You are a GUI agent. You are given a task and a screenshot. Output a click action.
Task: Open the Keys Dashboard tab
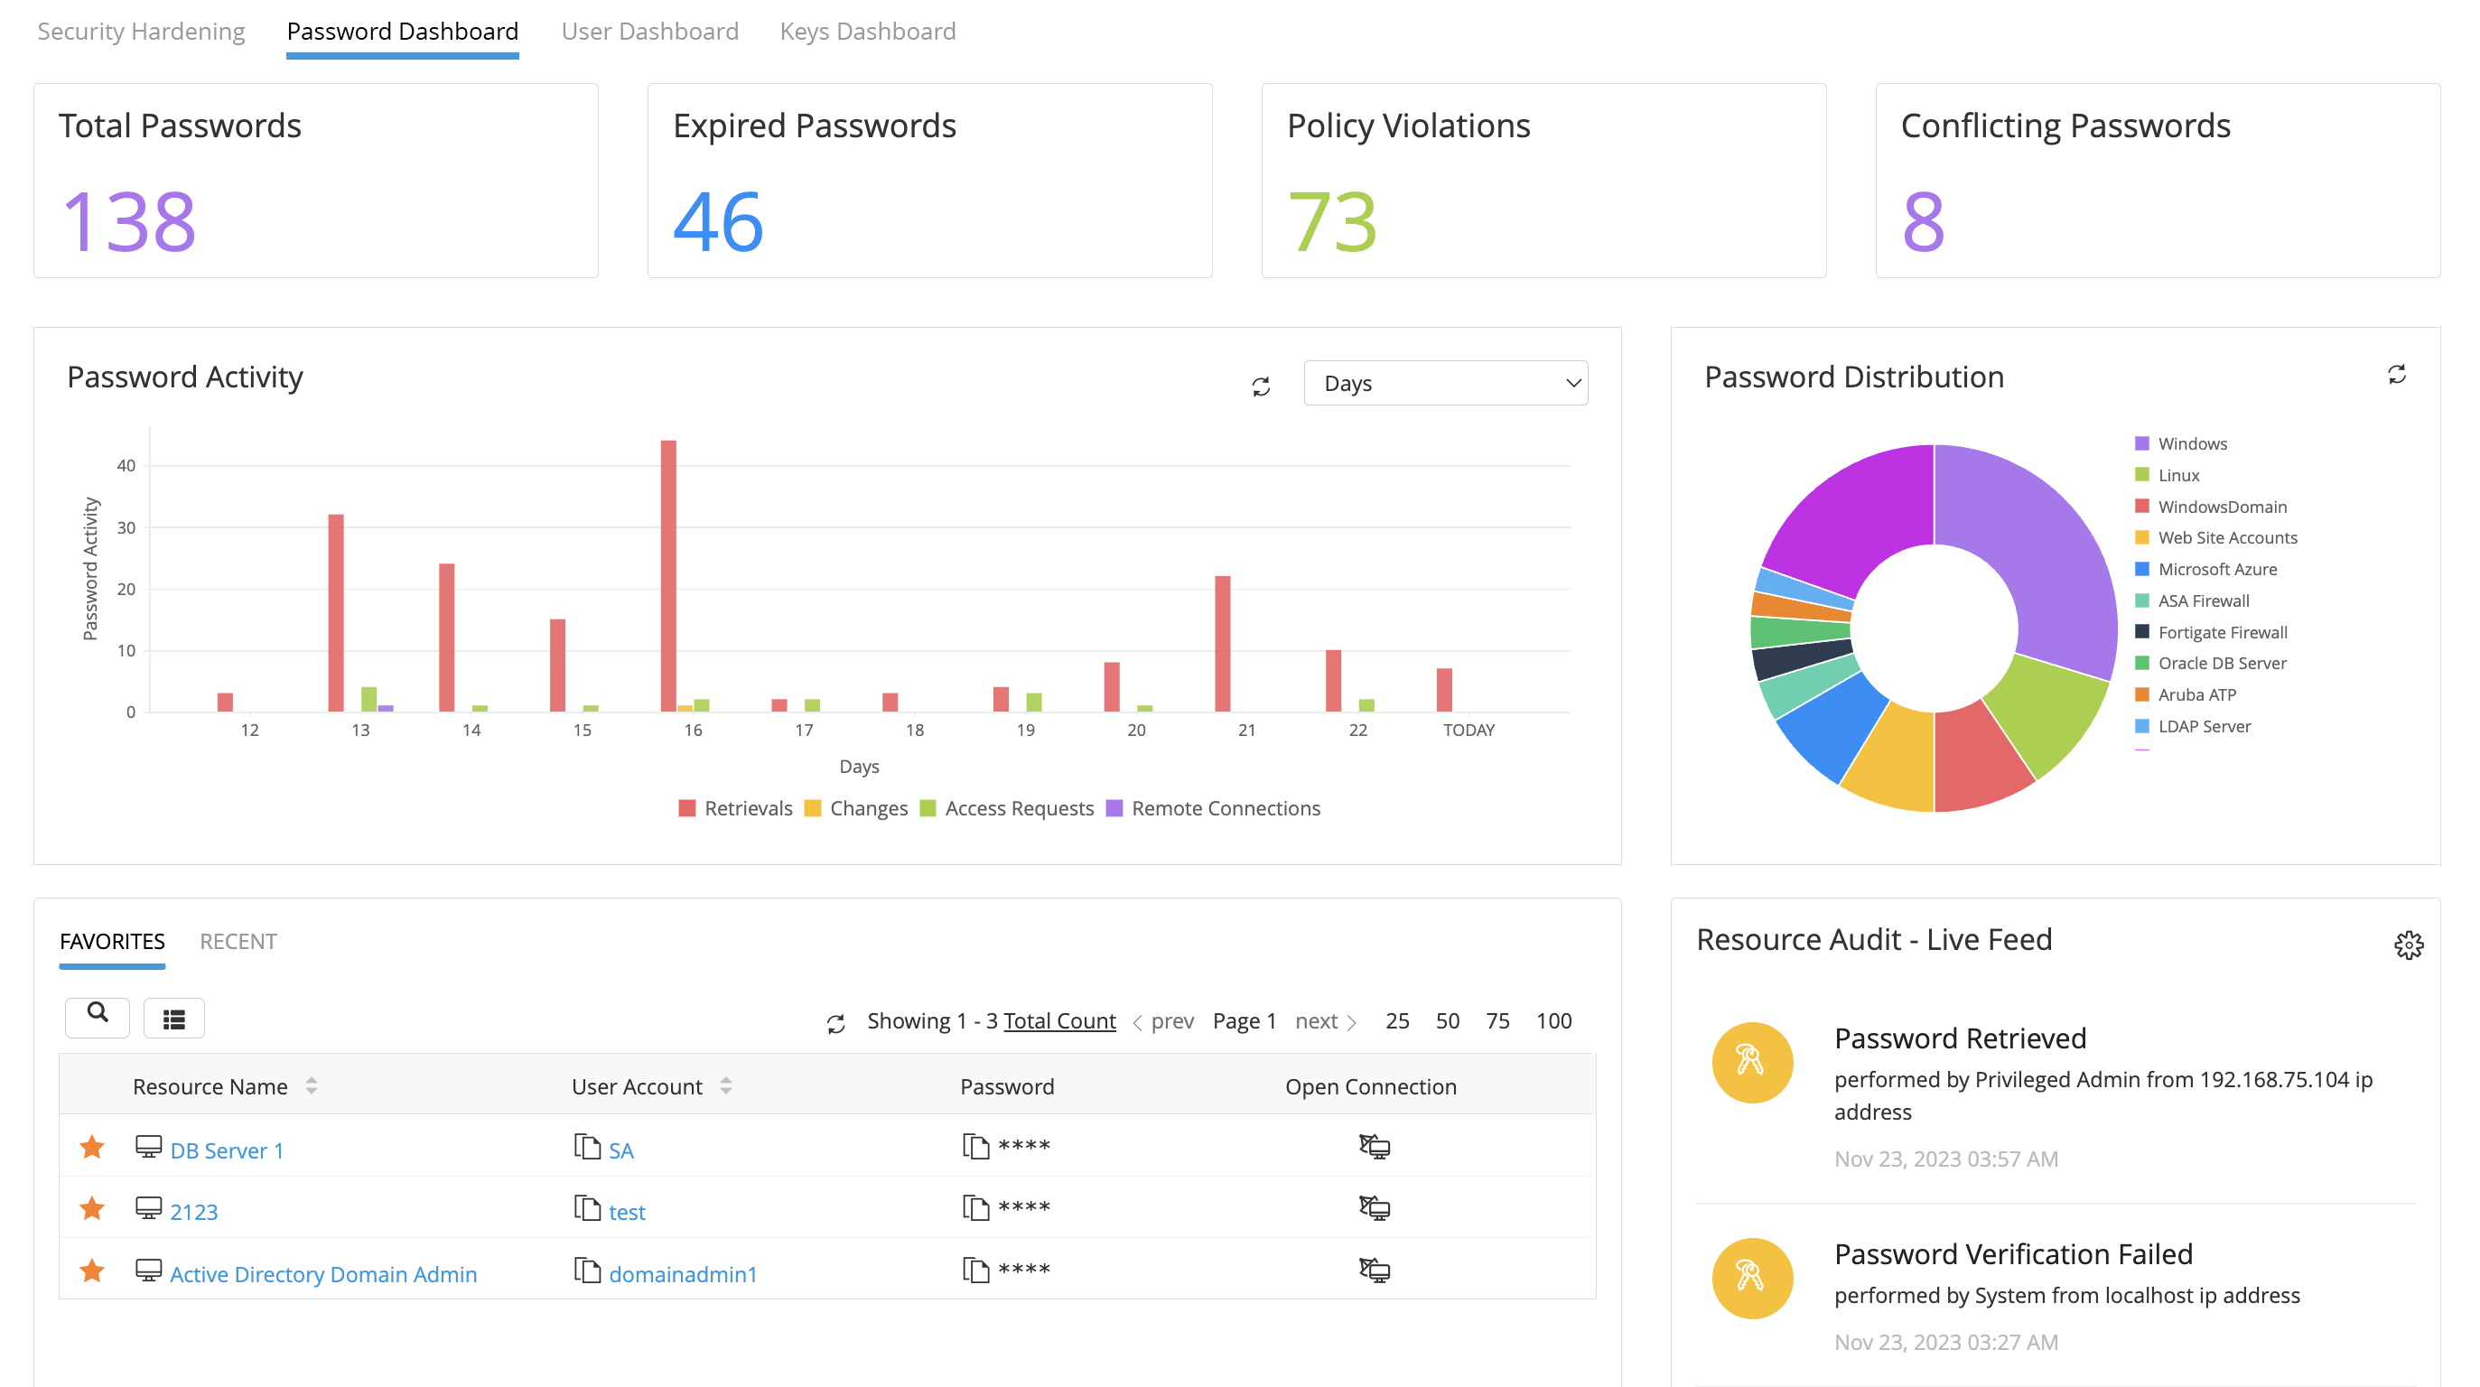(866, 32)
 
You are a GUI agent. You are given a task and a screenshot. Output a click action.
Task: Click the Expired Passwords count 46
(718, 222)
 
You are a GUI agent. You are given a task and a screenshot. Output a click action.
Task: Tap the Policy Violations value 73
(1332, 222)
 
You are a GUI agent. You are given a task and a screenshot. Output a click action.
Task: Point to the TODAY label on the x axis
(1468, 731)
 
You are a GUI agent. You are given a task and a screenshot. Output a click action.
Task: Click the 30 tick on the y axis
(126, 527)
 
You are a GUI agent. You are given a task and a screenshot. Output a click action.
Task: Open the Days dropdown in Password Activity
(1445, 383)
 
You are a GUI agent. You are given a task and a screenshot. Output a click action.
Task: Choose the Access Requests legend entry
(1019, 808)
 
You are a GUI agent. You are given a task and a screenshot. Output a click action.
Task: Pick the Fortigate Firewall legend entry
(2222, 632)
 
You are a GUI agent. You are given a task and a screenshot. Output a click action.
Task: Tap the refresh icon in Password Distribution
(2396, 375)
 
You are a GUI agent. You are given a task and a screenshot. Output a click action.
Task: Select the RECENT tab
(238, 941)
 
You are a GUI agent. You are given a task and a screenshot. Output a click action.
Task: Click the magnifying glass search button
(98, 1013)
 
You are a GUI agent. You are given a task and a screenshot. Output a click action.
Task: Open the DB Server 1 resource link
(227, 1151)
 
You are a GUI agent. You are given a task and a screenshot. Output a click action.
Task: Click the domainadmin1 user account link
(683, 1274)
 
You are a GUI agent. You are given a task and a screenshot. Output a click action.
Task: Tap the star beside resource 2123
(92, 1209)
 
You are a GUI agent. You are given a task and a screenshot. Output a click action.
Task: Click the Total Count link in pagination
(1059, 1021)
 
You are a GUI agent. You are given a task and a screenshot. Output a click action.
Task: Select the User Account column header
(638, 1086)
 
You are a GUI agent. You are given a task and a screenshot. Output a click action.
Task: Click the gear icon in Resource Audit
(2408, 945)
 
